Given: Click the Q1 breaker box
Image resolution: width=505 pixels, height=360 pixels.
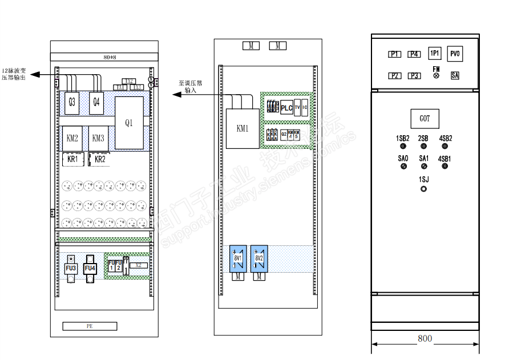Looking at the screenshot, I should (x=129, y=123).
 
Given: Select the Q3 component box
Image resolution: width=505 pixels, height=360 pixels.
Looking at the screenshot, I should (x=72, y=102).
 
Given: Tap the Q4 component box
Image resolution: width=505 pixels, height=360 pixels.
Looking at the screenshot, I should (x=96, y=102).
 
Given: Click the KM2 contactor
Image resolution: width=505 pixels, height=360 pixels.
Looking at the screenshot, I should (x=72, y=138).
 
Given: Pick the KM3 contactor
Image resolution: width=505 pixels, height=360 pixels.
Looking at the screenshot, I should (x=98, y=138).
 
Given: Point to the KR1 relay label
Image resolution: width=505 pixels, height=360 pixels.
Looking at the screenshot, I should (x=72, y=159).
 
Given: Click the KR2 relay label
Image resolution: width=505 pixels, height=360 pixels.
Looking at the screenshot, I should (x=100, y=159).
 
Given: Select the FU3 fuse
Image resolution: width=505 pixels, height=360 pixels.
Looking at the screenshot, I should (x=71, y=268).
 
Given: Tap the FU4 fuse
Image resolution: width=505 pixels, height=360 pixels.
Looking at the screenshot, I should (x=90, y=268).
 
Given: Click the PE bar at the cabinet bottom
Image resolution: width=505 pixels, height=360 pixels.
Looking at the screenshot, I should (x=90, y=326).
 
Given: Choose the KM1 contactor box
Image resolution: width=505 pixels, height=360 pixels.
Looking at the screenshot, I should (x=243, y=128).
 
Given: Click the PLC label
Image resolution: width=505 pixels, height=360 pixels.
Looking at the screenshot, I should (x=286, y=108).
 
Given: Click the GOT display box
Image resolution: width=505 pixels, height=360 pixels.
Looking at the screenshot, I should (x=425, y=119).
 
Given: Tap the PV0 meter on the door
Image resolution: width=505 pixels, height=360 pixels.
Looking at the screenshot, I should (x=455, y=54).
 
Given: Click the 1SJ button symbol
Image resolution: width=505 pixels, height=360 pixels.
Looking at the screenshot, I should (x=423, y=188).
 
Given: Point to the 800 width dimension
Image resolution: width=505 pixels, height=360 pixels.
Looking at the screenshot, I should (x=425, y=338).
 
